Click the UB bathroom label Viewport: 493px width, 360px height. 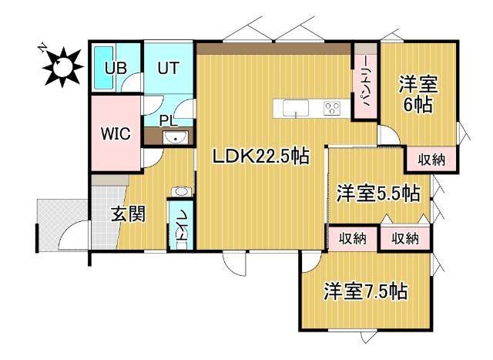(116, 67)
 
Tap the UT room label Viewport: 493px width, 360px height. (169, 67)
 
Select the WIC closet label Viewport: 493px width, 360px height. (116, 133)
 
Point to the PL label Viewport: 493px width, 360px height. (169, 119)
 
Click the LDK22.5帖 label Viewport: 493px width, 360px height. (261, 156)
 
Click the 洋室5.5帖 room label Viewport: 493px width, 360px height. (377, 193)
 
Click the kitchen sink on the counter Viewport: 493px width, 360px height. (297, 109)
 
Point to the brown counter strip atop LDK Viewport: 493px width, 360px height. (273, 48)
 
